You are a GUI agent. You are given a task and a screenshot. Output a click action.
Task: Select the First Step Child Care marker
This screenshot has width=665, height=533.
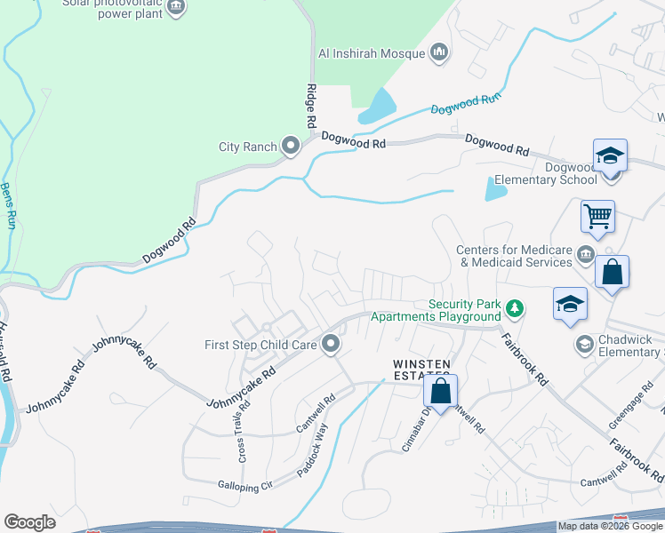[x=332, y=344]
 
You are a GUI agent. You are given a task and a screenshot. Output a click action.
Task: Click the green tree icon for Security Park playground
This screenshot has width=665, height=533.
[x=514, y=309]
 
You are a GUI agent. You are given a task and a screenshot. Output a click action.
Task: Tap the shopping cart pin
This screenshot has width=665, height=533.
[x=597, y=216]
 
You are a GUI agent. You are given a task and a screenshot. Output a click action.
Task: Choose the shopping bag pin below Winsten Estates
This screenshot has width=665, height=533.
[x=440, y=391]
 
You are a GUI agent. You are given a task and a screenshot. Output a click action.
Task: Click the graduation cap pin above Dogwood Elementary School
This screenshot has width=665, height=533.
[x=610, y=155]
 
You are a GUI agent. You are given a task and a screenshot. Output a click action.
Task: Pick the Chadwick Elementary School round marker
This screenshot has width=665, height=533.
[x=585, y=344]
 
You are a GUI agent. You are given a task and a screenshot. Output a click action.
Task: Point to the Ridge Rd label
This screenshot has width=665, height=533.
[x=311, y=104]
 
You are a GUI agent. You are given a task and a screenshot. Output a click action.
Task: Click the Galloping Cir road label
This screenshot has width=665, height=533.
[x=244, y=485]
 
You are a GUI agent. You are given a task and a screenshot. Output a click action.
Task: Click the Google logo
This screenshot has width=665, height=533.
[x=29, y=522]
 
